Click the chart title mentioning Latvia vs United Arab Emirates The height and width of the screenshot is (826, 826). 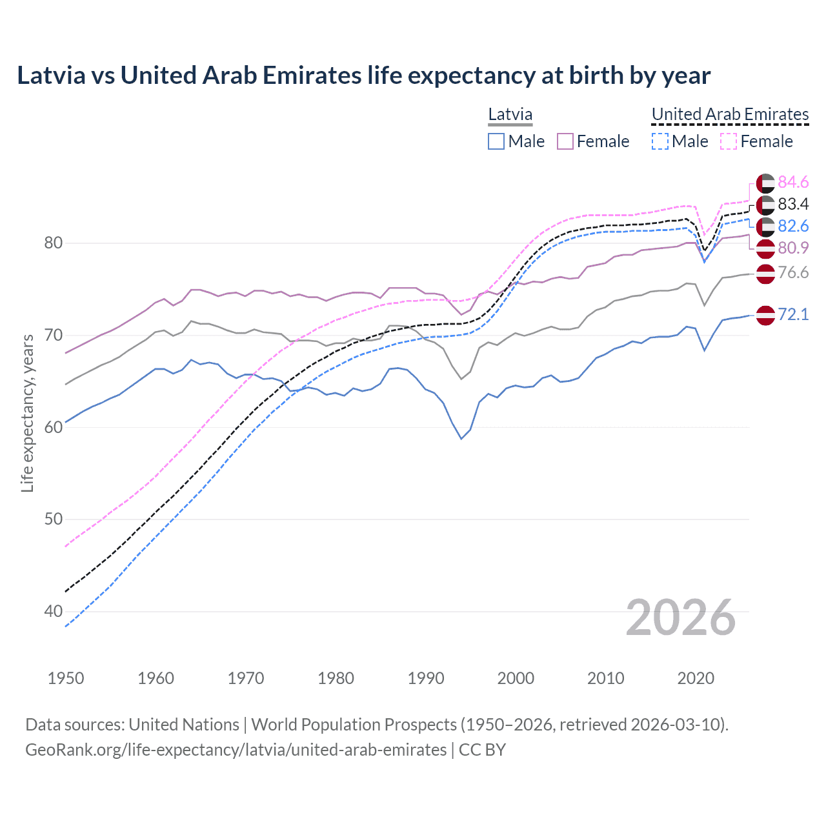point(363,76)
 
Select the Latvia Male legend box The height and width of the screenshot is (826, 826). point(496,141)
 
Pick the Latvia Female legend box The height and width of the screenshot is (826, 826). point(565,141)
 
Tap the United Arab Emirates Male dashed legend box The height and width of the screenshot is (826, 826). point(660,141)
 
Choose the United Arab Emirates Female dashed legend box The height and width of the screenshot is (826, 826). point(728,141)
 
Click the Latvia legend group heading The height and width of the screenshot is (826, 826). point(510,115)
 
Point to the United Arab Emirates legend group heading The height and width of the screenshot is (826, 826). point(730,115)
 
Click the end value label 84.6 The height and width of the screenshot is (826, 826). point(793,183)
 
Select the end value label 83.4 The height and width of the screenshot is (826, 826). point(793,205)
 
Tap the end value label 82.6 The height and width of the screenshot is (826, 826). point(793,226)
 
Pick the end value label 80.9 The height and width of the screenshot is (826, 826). point(793,248)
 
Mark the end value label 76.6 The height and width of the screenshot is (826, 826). point(793,273)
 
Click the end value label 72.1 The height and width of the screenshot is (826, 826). point(793,314)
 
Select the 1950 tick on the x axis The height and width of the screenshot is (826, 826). point(66,678)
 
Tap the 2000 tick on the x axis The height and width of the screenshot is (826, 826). point(516,678)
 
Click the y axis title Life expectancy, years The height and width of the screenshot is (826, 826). point(28,413)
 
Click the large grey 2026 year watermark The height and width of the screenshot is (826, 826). point(680,618)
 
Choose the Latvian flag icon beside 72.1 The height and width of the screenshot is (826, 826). point(765,315)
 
